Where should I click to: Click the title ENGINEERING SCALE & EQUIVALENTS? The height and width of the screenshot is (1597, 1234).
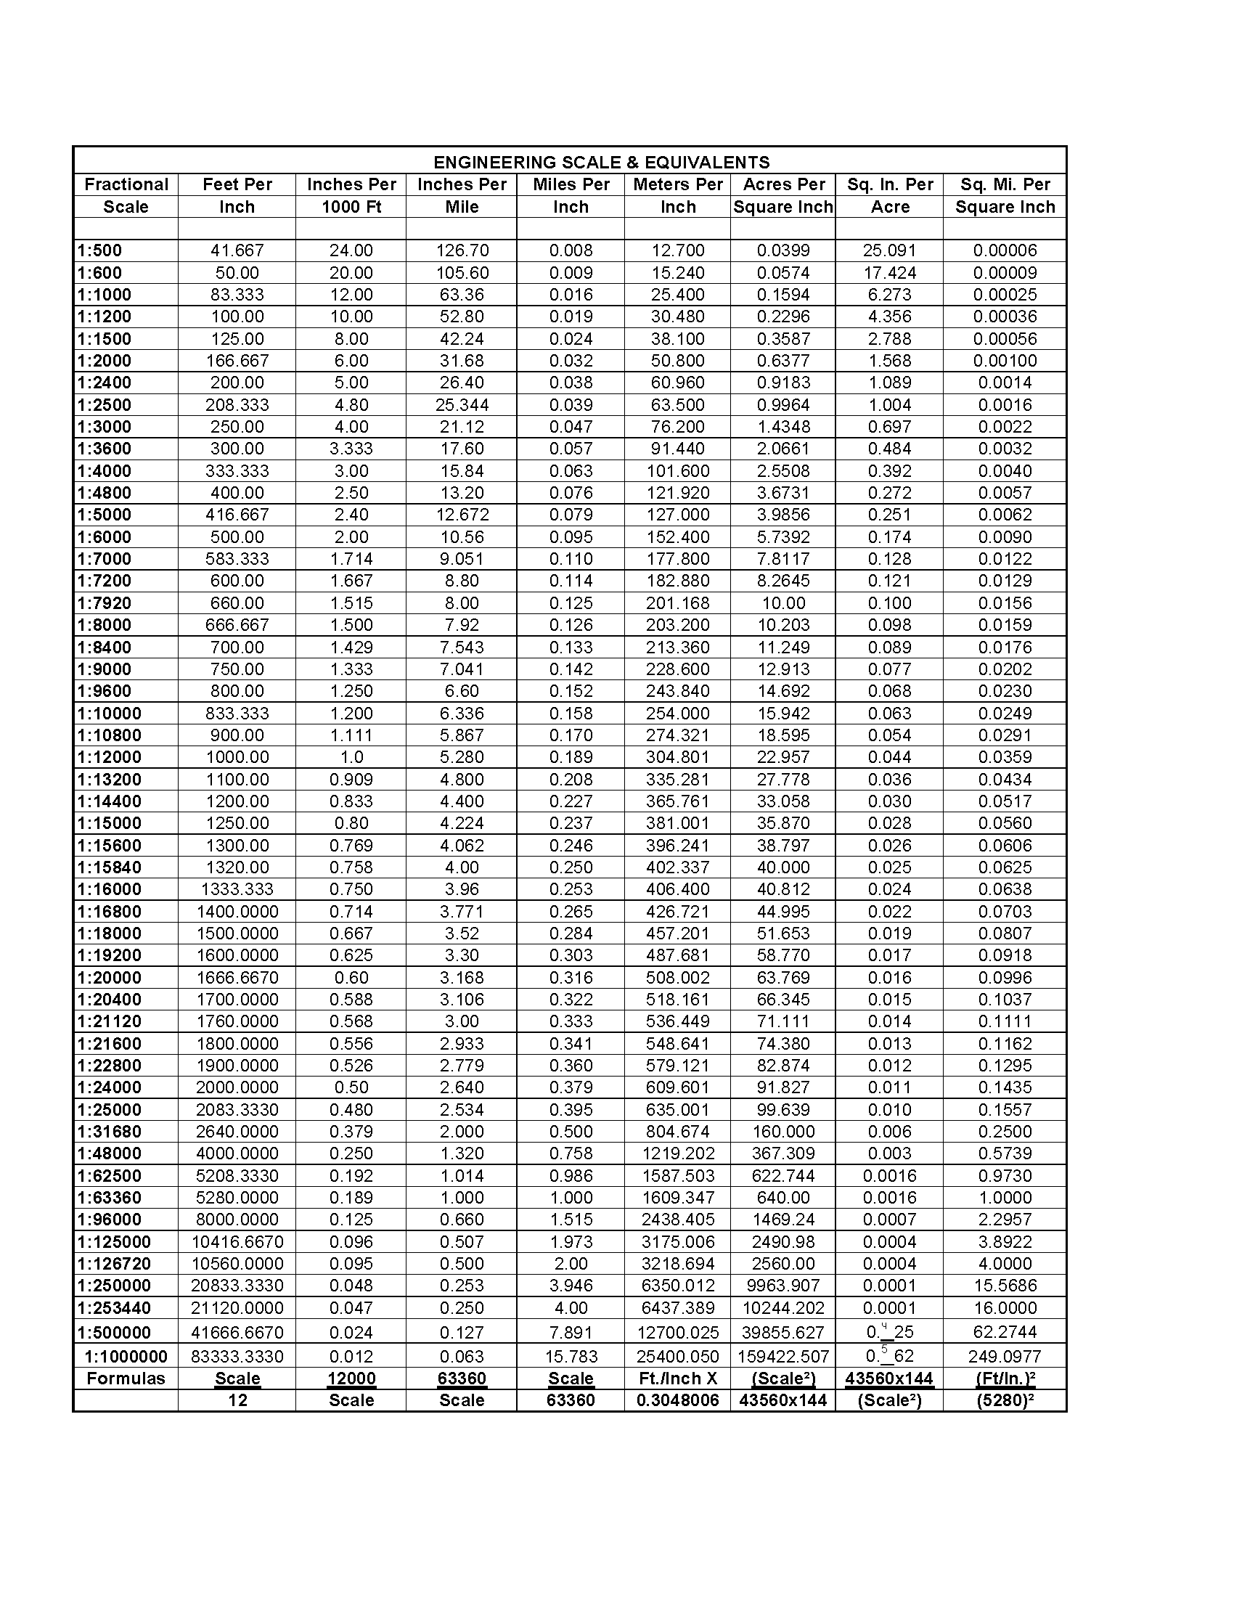point(601,163)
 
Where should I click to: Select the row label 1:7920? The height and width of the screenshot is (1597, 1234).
point(105,603)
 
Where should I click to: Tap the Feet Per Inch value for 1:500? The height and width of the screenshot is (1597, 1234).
point(237,251)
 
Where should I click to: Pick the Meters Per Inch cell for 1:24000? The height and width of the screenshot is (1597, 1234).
point(678,1087)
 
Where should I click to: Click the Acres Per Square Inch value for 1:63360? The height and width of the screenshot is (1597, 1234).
point(783,1198)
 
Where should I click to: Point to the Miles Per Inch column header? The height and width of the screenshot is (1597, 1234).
point(571,195)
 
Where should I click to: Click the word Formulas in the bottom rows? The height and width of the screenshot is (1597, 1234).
point(126,1379)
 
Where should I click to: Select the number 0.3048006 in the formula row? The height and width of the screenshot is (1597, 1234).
point(678,1400)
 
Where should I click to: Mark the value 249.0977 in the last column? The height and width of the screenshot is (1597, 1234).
point(1005,1357)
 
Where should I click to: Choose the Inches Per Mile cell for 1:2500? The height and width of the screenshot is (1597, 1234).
point(462,405)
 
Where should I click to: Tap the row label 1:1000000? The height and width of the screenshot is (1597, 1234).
point(126,1357)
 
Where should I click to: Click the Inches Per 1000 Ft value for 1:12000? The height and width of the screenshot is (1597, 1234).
point(351,758)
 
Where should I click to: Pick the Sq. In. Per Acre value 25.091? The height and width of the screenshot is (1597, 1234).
point(889,251)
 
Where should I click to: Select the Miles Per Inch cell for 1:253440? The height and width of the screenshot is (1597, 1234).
point(571,1308)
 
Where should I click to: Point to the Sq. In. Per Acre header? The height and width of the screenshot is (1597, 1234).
point(890,195)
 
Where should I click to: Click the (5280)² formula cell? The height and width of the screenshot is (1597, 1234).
point(1005,1400)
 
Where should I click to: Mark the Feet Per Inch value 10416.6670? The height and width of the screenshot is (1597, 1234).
point(237,1241)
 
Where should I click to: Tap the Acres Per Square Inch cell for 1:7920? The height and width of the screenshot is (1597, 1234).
point(783,603)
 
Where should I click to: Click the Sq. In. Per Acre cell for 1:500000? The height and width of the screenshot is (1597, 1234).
point(889,1332)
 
